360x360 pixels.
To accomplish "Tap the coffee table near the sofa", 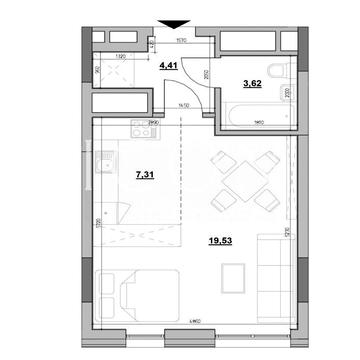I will [235, 275].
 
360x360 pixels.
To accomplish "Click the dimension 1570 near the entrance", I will [183, 42].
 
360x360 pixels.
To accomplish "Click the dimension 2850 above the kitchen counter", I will [153, 121].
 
